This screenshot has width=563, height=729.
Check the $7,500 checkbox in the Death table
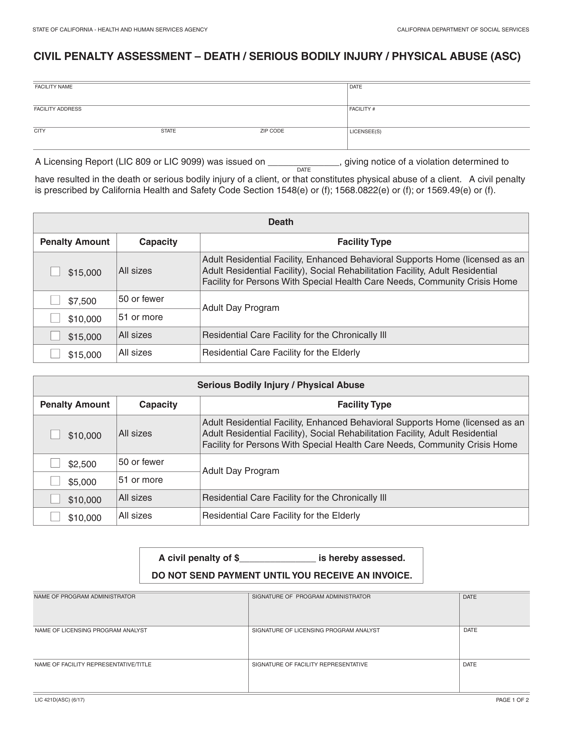click(55, 300)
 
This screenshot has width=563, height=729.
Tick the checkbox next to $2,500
click(55, 463)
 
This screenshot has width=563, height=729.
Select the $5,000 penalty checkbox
click(55, 481)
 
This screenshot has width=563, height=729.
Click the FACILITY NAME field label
click(54, 87)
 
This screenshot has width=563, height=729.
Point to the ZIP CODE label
click(272, 131)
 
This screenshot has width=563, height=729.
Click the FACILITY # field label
click(362, 109)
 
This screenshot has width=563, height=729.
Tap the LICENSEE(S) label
click(365, 132)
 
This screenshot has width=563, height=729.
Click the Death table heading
click(281, 222)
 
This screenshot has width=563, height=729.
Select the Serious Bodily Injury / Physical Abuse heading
click(281, 385)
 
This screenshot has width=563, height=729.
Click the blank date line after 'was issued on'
click(303, 163)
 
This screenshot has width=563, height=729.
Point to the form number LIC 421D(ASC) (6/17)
click(60, 700)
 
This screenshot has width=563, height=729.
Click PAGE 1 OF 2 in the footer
click(512, 700)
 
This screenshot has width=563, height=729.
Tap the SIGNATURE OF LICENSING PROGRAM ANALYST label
click(316, 630)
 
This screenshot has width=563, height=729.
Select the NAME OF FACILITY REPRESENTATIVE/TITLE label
click(93, 664)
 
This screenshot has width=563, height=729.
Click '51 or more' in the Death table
click(141, 317)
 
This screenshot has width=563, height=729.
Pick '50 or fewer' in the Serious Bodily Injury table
click(141, 462)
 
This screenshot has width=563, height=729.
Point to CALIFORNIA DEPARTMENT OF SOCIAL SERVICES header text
click(463, 30)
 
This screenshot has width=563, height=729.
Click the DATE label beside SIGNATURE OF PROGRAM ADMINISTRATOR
click(470, 597)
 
